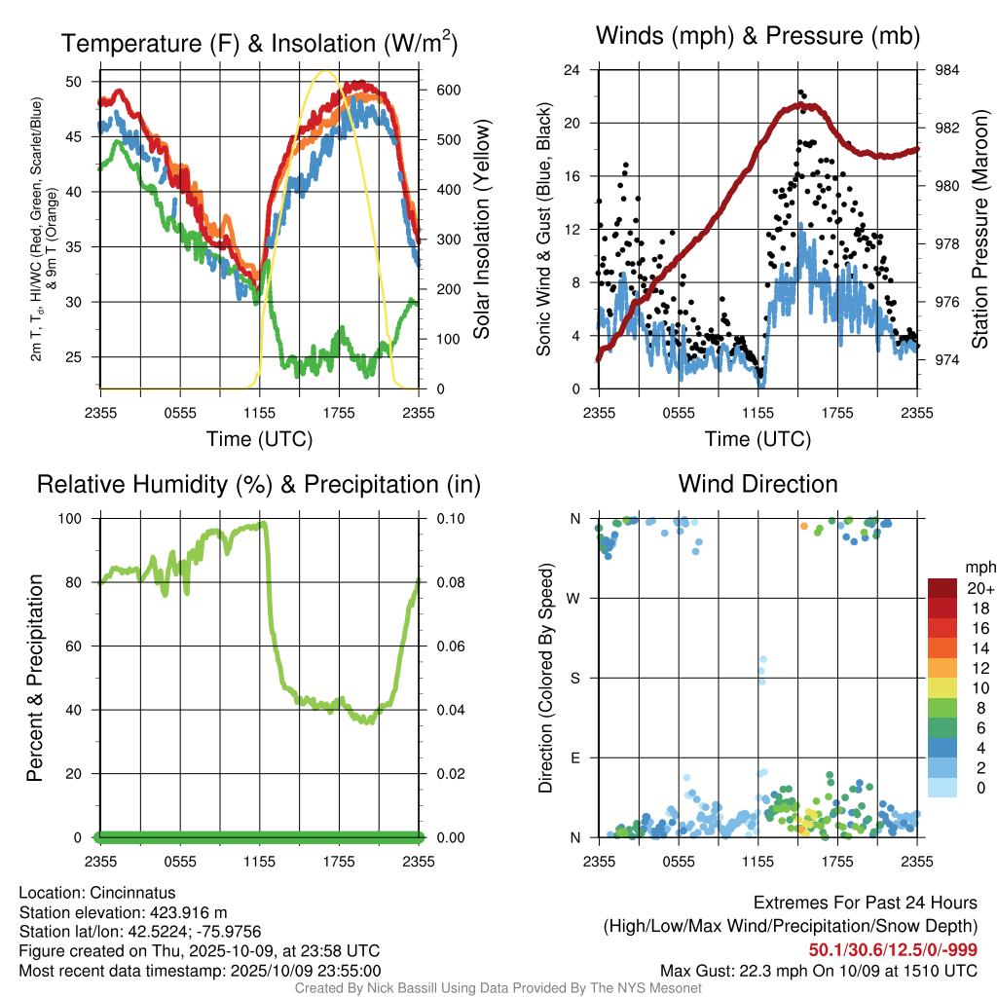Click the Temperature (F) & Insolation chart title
click(x=259, y=44)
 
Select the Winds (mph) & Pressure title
click(x=757, y=37)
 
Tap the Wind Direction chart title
click(x=757, y=484)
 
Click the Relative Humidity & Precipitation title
click(x=259, y=484)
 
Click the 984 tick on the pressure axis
click(x=948, y=70)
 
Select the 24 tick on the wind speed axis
click(x=572, y=70)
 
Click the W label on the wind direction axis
click(x=575, y=599)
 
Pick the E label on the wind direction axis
click(x=575, y=757)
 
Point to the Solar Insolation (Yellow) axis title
click(x=481, y=230)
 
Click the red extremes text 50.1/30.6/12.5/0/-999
click(x=893, y=949)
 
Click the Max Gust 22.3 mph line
click(x=818, y=970)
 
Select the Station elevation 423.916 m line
click(x=123, y=912)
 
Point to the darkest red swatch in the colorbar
click(x=942, y=588)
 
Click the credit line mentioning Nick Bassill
click(x=498, y=988)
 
